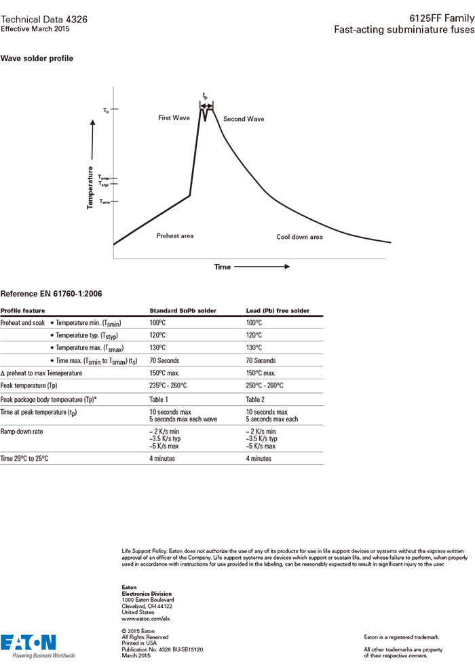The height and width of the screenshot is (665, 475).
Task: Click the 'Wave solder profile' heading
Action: tap(37, 58)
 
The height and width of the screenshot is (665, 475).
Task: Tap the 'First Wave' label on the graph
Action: tap(174, 118)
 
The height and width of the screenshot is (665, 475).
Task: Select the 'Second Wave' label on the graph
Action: tap(244, 119)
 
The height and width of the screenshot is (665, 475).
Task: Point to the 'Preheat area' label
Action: tap(175, 236)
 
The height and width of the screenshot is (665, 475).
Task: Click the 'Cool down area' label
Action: tap(299, 237)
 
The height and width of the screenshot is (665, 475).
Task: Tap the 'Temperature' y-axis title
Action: tap(90, 187)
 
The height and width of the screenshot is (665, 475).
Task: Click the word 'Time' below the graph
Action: tap(223, 267)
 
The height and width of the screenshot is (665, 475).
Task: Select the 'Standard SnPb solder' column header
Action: tap(183, 311)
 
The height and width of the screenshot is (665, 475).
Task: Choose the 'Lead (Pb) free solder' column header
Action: tap(278, 311)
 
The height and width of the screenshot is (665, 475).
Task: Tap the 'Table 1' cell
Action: tap(159, 400)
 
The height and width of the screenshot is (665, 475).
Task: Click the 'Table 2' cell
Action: tap(256, 400)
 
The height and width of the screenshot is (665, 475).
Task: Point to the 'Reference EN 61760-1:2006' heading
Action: tap(50, 294)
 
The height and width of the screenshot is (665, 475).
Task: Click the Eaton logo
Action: tap(28, 643)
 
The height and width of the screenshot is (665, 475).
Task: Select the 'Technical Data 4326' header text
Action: tap(43, 20)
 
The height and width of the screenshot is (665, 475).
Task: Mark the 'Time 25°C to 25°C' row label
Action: tap(24, 459)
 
